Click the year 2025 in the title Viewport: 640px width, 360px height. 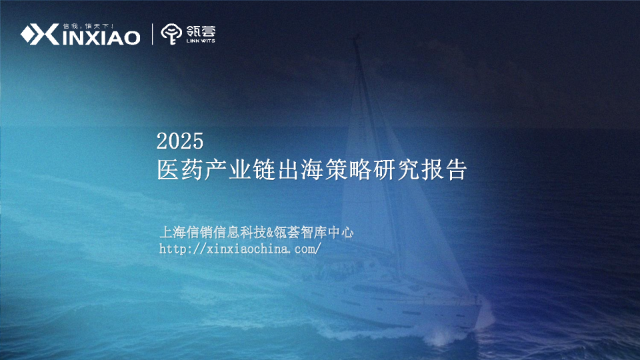(x=179, y=141)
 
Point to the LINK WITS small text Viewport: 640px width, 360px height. (x=201, y=41)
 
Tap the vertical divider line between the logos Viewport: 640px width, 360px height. (x=153, y=34)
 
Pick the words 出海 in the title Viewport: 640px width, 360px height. (x=286, y=169)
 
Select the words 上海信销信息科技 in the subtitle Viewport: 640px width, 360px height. (x=213, y=233)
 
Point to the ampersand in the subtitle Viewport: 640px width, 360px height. (x=270, y=233)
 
